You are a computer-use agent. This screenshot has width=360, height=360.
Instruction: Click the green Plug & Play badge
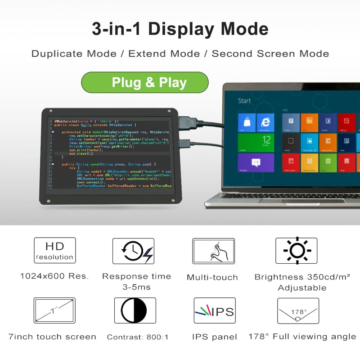[144, 83]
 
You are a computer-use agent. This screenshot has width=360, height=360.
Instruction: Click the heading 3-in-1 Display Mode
[180, 29]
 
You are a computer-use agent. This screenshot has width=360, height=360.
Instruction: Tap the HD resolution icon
[55, 251]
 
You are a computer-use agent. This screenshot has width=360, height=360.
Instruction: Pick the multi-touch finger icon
[214, 251]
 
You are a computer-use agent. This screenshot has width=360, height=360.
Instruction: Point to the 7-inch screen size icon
[54, 310]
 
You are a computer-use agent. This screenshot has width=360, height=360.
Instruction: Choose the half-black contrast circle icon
[134, 310]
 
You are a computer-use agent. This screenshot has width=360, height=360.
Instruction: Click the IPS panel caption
[214, 337]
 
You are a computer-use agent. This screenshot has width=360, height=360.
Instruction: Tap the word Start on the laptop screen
[244, 101]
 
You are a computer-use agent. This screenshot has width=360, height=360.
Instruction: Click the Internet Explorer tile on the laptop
[265, 122]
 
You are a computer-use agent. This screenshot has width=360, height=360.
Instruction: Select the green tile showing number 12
[256, 142]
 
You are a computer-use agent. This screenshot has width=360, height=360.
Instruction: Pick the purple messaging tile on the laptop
[256, 162]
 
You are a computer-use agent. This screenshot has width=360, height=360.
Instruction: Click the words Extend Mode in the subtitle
[164, 54]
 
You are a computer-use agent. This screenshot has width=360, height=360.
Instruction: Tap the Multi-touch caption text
[212, 277]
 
